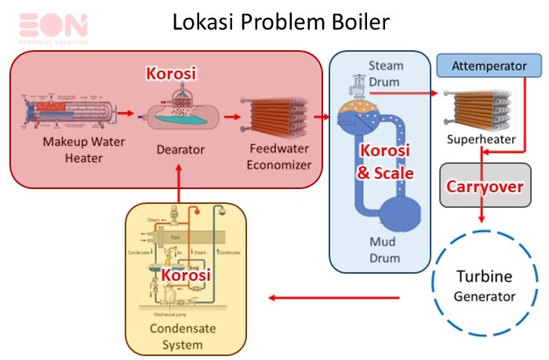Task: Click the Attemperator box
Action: pyautogui.click(x=488, y=66)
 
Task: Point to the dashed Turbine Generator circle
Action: pyautogui.click(x=485, y=286)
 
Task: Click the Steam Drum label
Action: pyautogui.click(x=384, y=71)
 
